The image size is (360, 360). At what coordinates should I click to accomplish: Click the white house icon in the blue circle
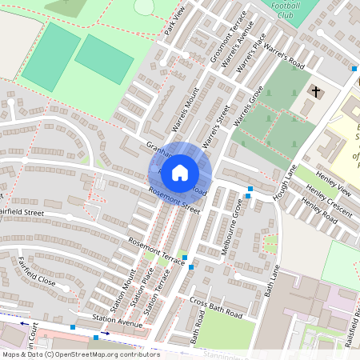(x=180, y=172)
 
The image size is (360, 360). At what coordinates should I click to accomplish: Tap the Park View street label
(x=174, y=24)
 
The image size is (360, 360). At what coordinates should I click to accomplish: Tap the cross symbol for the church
(x=317, y=92)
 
